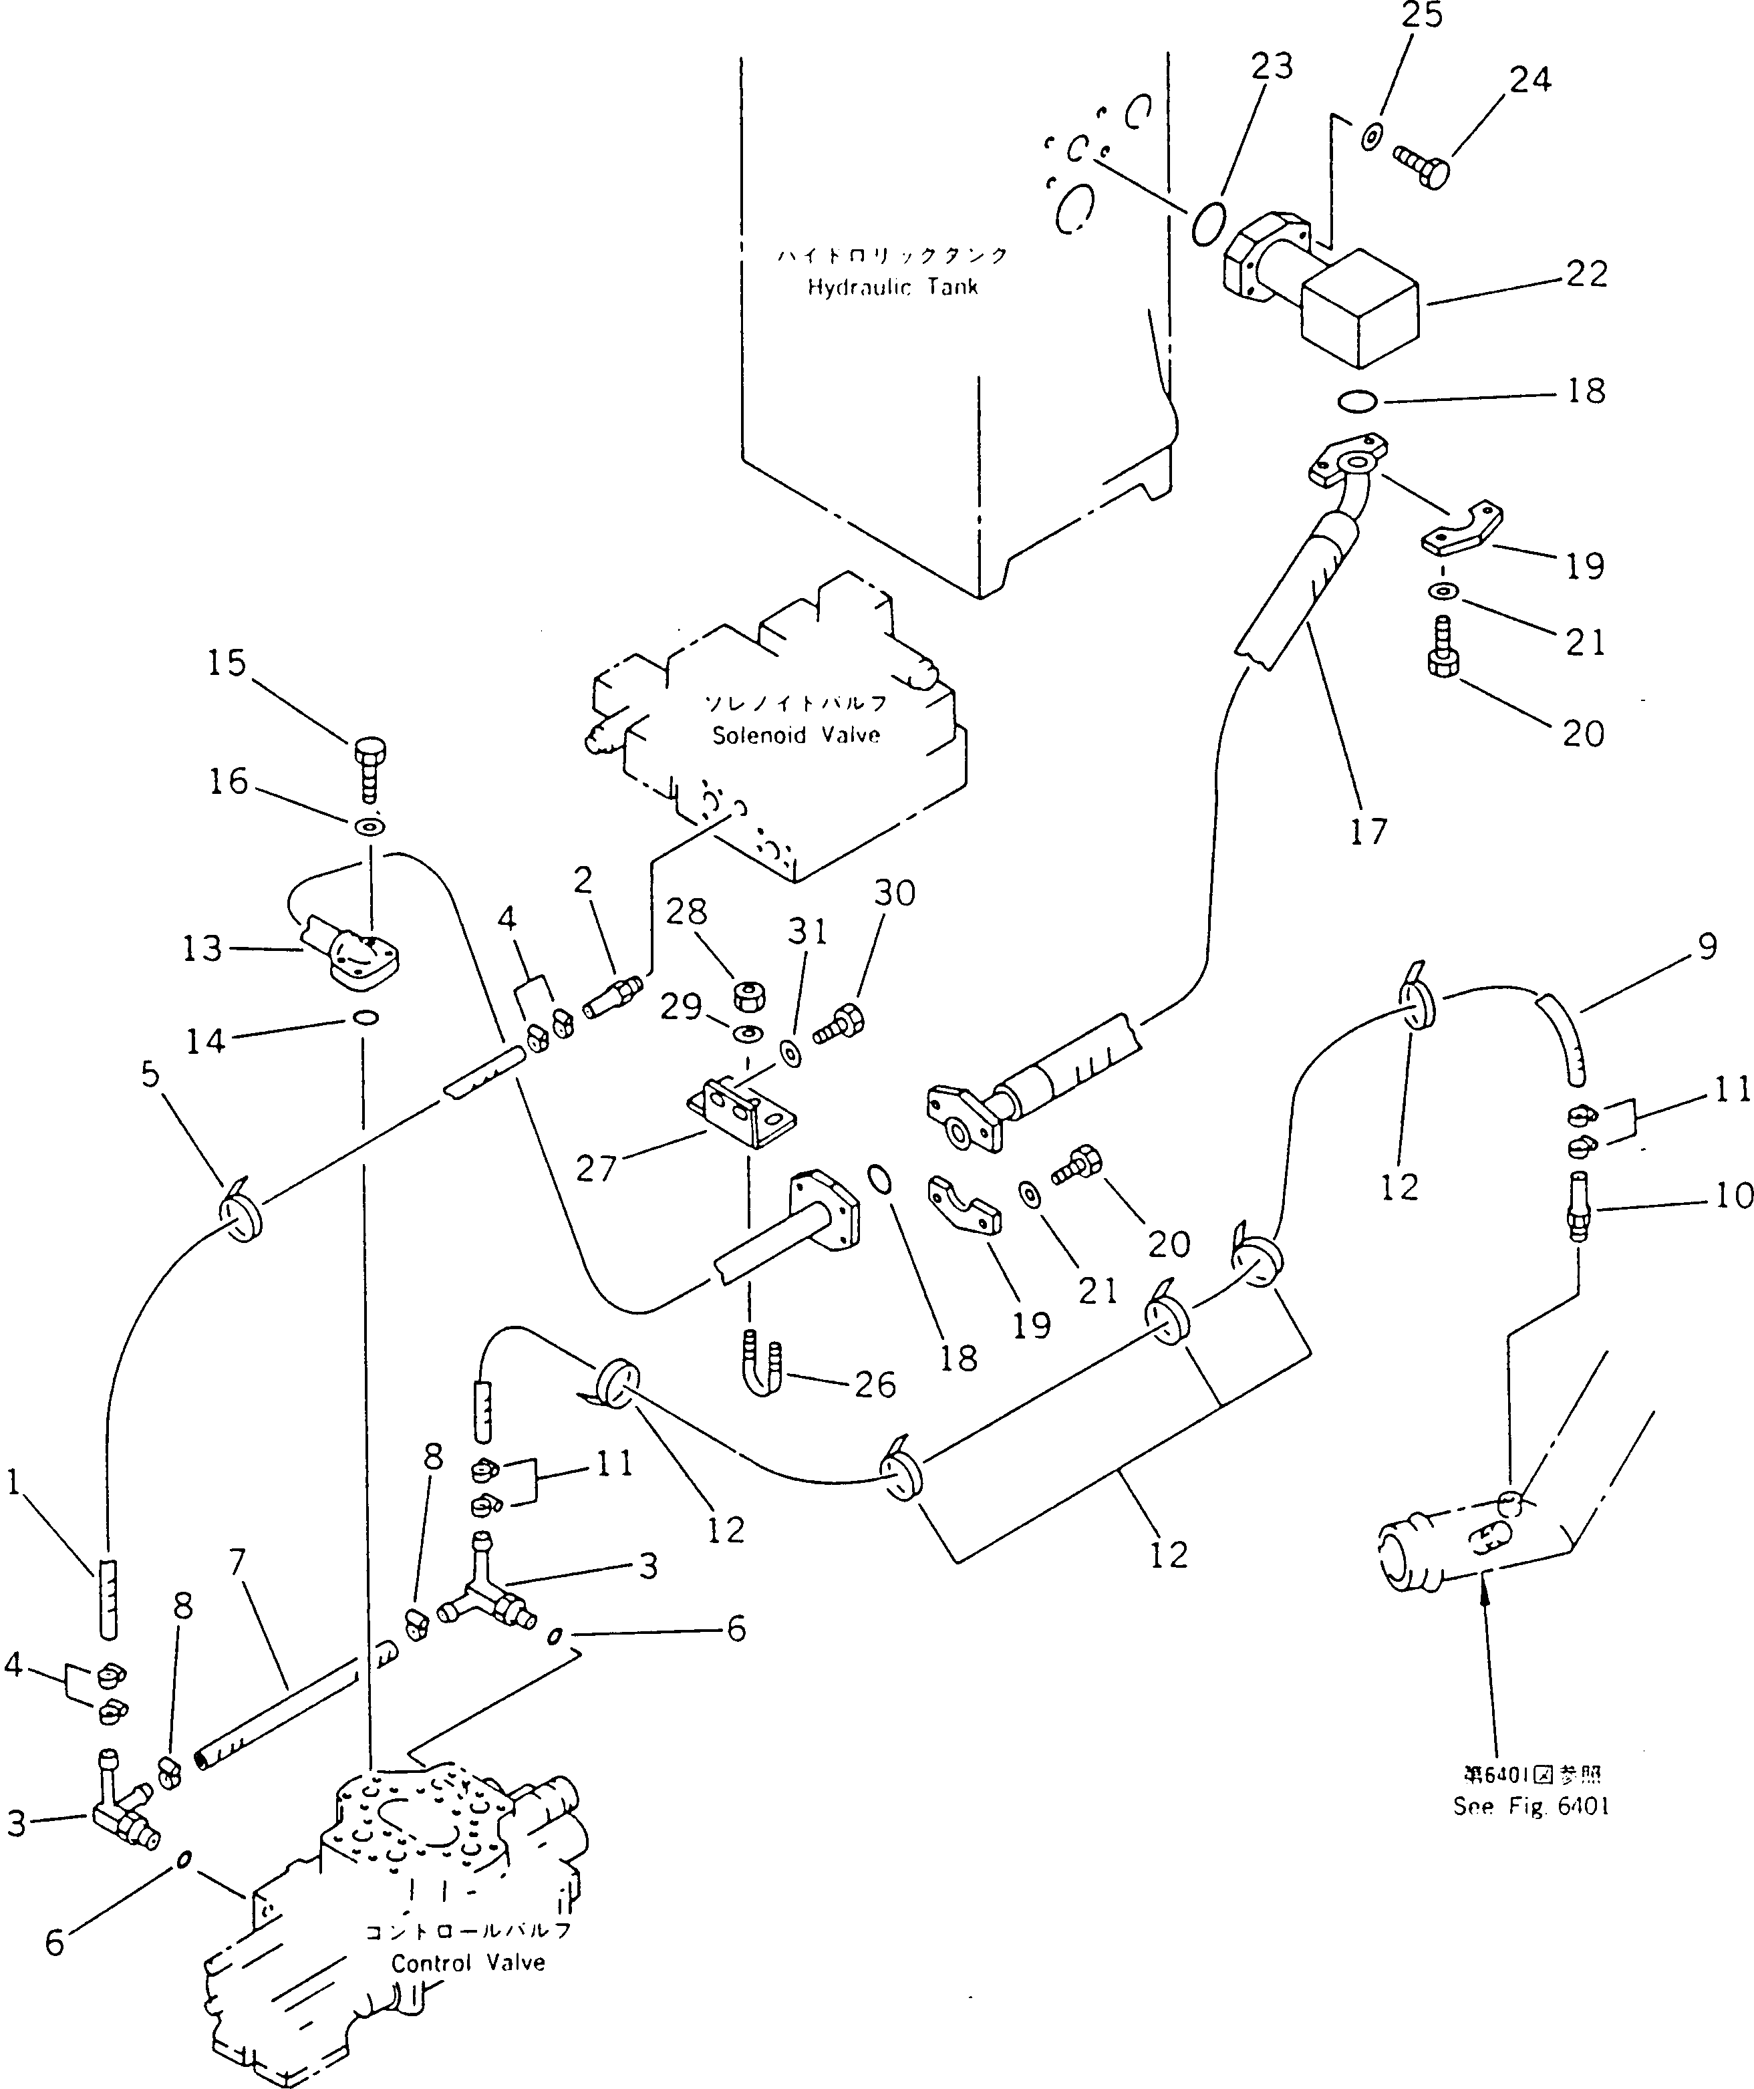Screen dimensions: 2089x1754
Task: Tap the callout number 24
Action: (x=1529, y=79)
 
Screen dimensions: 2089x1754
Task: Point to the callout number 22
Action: (x=1586, y=273)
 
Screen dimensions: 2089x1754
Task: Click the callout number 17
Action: (x=1368, y=831)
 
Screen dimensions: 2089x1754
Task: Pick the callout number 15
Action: (x=227, y=662)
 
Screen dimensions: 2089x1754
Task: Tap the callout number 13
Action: (x=202, y=948)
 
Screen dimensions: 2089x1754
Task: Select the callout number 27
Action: (x=597, y=1167)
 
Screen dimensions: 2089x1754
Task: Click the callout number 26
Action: (x=875, y=1384)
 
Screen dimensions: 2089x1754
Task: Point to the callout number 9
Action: (x=1707, y=946)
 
